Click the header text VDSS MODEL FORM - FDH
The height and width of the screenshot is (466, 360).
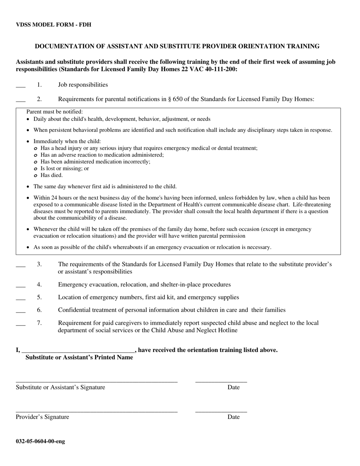pos(53,25)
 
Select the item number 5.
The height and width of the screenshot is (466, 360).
pos(39,297)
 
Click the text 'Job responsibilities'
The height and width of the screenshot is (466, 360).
pos(83,85)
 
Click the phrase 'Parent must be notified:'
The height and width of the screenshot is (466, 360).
pos(55,112)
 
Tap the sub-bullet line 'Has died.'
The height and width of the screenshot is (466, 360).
pos(52,175)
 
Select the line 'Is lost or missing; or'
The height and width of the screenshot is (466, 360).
pos(64,169)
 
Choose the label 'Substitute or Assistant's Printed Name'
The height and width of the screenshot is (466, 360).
pos(79,358)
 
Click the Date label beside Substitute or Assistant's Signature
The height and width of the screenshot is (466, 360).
pos(233,387)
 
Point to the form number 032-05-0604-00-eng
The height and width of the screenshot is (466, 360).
pos(40,441)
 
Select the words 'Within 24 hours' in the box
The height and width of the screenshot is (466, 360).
pos(52,198)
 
